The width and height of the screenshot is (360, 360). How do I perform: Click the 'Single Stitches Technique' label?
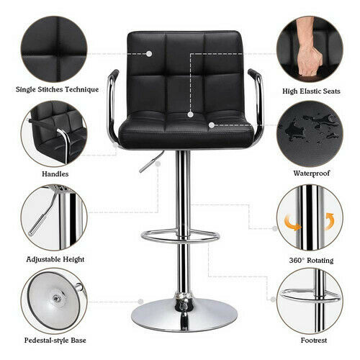point(57,89)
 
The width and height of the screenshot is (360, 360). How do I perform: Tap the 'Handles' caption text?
point(55,174)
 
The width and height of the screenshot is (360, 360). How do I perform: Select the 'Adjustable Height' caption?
point(55,259)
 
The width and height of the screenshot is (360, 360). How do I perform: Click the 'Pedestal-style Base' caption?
point(55,341)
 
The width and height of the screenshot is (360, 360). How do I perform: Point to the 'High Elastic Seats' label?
point(311,91)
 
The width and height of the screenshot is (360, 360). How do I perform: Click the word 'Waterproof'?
point(312,173)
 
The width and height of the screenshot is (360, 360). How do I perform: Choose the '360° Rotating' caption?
point(311,261)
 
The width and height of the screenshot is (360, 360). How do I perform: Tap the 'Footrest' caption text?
point(314,341)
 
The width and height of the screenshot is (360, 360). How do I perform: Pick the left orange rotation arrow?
point(292,222)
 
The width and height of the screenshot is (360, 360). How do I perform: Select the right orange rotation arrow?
point(329,221)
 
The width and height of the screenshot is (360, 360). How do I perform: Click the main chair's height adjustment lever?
point(152,161)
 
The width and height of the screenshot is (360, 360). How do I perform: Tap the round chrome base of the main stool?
point(184,315)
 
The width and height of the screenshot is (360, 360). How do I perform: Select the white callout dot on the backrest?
point(149,54)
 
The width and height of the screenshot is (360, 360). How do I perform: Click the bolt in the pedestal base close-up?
point(57,298)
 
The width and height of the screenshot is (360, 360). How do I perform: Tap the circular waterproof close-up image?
point(310,134)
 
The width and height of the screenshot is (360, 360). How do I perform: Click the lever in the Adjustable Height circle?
point(43,211)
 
